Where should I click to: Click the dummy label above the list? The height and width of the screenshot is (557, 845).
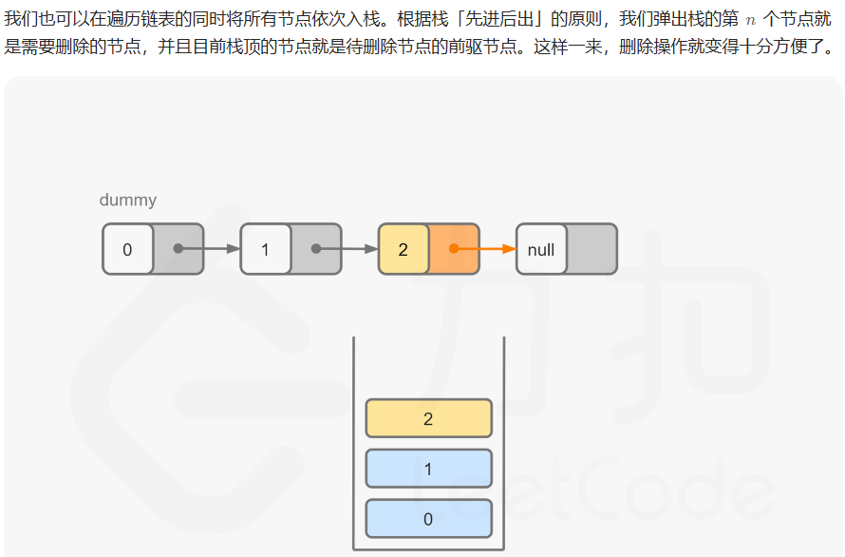click(x=127, y=201)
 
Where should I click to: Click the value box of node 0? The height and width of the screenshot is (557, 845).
click(x=128, y=249)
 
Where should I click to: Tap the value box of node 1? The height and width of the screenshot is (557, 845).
click(x=266, y=249)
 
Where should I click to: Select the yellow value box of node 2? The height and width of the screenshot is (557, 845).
click(x=404, y=249)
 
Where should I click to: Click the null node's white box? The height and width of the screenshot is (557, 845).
click(x=541, y=249)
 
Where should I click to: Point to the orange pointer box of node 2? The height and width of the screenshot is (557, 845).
click(x=454, y=249)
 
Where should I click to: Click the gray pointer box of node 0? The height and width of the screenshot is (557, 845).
click(x=178, y=249)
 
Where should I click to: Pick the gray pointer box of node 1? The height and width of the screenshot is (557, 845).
click(x=316, y=249)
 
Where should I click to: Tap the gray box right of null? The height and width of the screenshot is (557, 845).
click(x=591, y=249)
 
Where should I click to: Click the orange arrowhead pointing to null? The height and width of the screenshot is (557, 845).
click(x=509, y=249)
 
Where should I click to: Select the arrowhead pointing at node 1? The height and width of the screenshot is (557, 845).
click(x=234, y=249)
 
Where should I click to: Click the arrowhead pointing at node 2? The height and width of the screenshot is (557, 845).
click(x=371, y=249)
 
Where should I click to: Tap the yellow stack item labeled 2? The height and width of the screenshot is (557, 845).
click(x=428, y=418)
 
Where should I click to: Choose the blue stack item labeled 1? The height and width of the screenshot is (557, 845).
click(x=428, y=469)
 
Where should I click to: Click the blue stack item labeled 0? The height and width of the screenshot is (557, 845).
click(x=428, y=519)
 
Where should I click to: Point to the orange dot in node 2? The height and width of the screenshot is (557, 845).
click(x=454, y=249)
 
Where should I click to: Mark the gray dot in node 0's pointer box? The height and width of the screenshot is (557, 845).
click(x=178, y=249)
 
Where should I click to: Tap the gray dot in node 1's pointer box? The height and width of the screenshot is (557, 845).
click(x=316, y=249)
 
